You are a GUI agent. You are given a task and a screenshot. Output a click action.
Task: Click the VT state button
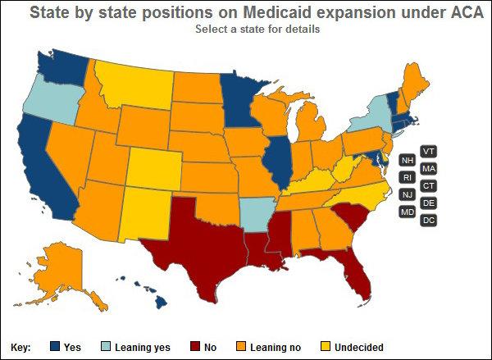click(x=428, y=151)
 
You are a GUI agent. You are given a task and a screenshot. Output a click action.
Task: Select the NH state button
click(x=407, y=160)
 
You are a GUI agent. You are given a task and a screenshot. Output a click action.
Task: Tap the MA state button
click(x=428, y=168)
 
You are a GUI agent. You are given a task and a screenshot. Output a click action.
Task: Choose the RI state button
click(x=407, y=177)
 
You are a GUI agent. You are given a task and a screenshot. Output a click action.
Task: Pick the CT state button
click(x=428, y=185)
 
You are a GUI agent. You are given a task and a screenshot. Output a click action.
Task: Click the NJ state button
click(x=407, y=194)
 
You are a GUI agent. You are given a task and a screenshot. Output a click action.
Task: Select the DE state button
click(x=428, y=203)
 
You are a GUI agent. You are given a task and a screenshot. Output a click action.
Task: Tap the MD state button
click(x=407, y=212)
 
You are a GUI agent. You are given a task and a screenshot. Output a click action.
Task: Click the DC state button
click(x=428, y=220)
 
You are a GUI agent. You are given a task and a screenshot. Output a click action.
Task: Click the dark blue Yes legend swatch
click(x=55, y=347)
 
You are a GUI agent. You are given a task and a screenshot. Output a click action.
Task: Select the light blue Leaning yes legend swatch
click(x=107, y=347)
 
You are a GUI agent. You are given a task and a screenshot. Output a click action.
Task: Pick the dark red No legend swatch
click(x=194, y=347)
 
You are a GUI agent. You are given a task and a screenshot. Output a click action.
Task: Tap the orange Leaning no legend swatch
click(x=241, y=347)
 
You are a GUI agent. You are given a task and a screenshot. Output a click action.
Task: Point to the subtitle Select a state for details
click(x=257, y=29)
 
